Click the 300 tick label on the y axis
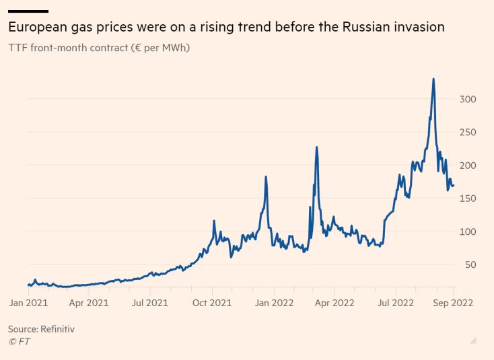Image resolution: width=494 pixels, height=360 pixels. point(467,99)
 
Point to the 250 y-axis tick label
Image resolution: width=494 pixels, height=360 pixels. point(467,132)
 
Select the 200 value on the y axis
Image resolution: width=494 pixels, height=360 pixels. point(467,165)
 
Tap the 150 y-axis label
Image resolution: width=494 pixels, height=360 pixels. point(467,198)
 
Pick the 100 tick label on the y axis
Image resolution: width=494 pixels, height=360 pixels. point(467,231)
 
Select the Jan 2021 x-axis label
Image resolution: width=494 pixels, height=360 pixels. point(29,303)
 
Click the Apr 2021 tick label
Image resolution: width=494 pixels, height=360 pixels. point(89,303)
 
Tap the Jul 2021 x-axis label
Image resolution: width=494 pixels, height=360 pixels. point(149,303)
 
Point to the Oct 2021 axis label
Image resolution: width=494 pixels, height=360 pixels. point(212,303)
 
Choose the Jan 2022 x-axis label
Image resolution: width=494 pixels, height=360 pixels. point(273,303)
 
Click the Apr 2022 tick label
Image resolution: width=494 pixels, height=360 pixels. point(334,303)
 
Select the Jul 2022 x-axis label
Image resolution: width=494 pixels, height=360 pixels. point(395,303)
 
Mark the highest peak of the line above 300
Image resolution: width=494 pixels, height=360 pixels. point(433,79)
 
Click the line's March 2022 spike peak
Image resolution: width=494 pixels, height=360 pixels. point(316,147)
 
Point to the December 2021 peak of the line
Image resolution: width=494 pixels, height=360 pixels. point(266,177)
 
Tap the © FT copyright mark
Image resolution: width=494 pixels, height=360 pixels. point(19,341)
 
